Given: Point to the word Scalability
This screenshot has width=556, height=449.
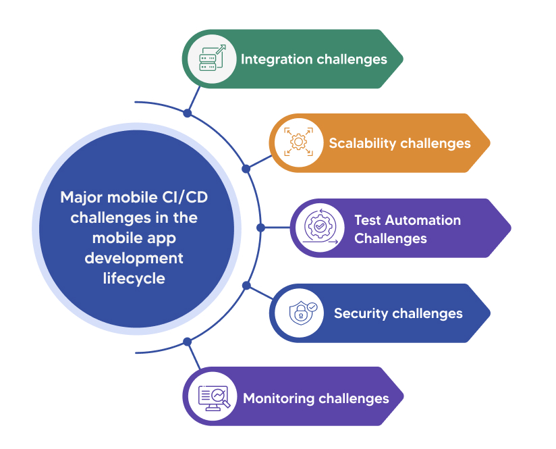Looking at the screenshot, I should click(x=362, y=143).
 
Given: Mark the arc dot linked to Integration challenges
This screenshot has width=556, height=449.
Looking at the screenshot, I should click(x=188, y=113).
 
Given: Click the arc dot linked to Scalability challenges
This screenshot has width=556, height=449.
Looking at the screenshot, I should click(x=246, y=168).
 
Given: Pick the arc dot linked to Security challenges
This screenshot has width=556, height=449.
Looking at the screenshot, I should click(x=246, y=286).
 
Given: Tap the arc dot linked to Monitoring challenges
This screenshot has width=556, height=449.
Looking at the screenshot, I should click(x=188, y=342).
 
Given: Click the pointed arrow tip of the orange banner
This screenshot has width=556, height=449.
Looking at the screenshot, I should click(x=487, y=143).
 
